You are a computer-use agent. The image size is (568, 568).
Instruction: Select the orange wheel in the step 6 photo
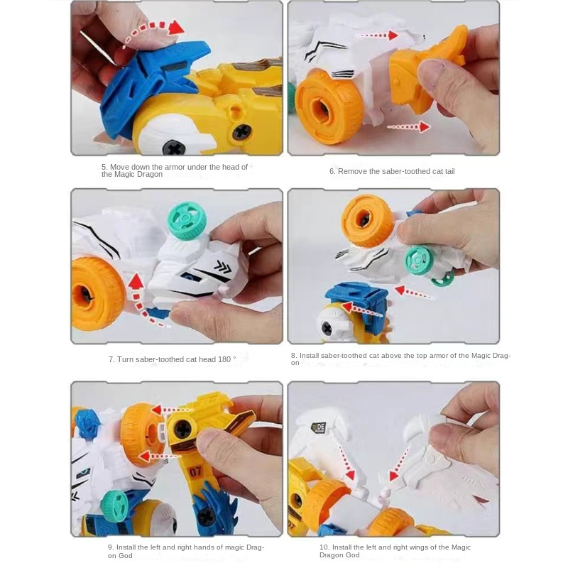point(329,104)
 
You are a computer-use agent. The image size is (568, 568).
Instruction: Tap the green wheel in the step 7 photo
point(186,220)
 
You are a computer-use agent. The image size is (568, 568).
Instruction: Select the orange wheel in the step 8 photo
point(367,221)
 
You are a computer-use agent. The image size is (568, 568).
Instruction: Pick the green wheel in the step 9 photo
point(114,507)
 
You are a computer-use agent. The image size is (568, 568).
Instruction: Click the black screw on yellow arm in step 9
point(182,428)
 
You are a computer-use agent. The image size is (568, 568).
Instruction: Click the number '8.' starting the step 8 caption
point(294,355)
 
